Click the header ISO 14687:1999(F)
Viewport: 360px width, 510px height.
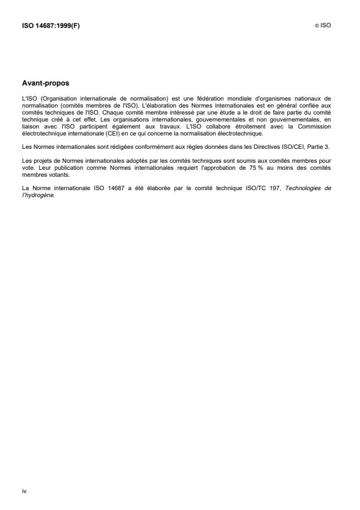coord(51,26)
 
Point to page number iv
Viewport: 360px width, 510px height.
coord(24,491)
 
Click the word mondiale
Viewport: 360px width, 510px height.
coord(218,99)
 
